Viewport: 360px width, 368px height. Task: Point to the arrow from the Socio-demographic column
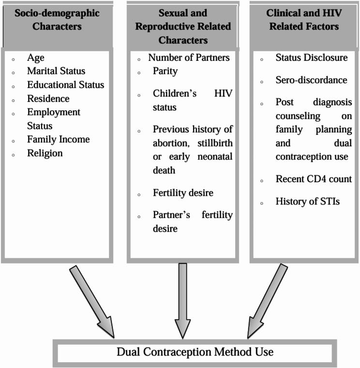pyautogui.click(x=92, y=301)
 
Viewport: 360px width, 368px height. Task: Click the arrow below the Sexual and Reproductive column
pyautogui.click(x=183, y=300)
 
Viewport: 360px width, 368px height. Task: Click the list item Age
pyautogui.click(x=35, y=58)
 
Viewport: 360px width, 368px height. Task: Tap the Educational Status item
pyautogui.click(x=65, y=85)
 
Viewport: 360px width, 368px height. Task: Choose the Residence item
pyautogui.click(x=48, y=99)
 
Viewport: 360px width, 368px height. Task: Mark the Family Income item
pyautogui.click(x=58, y=139)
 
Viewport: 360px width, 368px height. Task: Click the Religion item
pyautogui.click(x=45, y=153)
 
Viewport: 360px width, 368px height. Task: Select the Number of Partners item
pyautogui.click(x=189, y=58)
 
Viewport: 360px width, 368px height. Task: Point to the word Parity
pyautogui.click(x=165, y=71)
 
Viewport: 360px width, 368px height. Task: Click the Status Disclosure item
pyautogui.click(x=311, y=58)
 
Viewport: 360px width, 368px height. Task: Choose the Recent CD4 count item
pyautogui.click(x=314, y=179)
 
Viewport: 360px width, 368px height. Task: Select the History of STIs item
pyautogui.click(x=308, y=201)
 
